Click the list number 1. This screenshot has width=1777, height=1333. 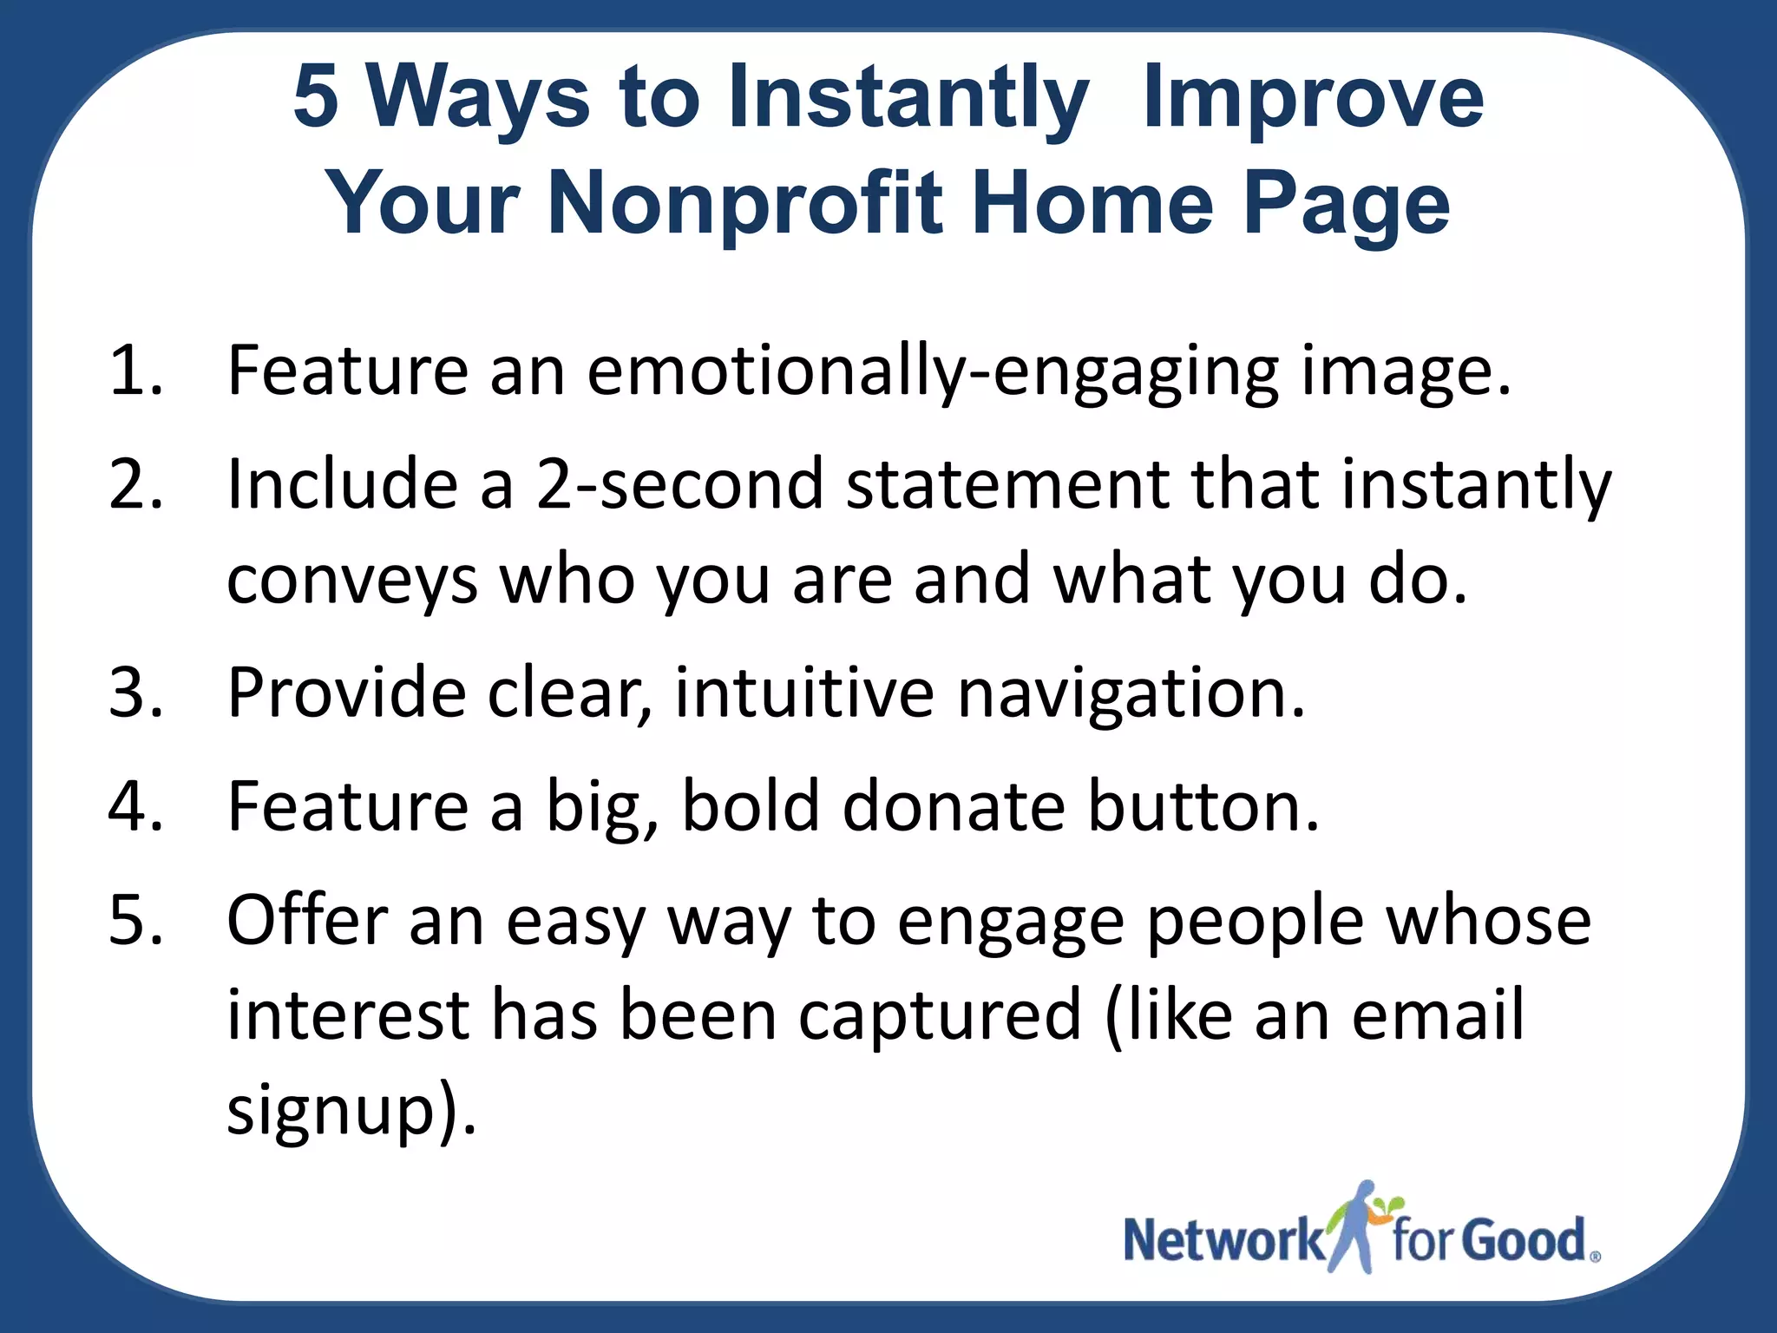135,371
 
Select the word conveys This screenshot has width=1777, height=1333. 351,580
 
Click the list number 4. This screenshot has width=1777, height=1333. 135,807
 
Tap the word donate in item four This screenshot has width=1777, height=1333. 953,807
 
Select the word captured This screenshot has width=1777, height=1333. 940,1015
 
